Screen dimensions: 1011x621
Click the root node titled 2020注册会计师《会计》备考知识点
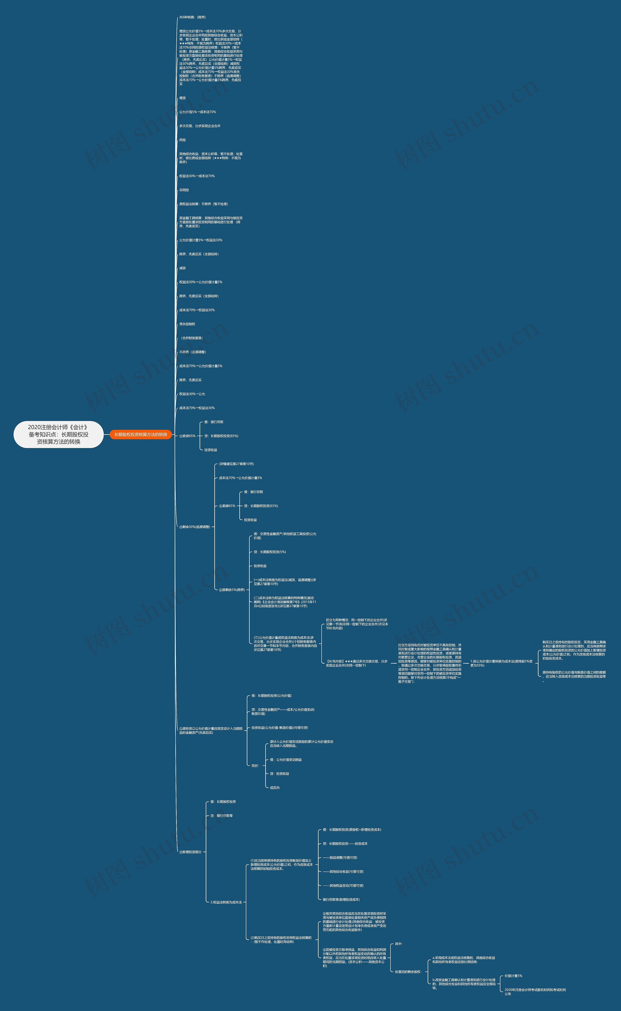click(x=58, y=434)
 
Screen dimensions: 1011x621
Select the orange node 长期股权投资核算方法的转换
click(x=140, y=434)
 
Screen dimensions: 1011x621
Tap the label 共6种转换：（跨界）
click(x=192, y=17)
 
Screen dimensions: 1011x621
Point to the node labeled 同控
click(x=182, y=140)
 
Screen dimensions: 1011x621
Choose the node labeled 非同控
click(x=184, y=190)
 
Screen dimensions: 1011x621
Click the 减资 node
click(x=182, y=268)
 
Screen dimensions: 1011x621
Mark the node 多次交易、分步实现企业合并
click(x=200, y=126)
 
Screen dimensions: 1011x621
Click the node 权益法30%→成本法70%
click(x=197, y=176)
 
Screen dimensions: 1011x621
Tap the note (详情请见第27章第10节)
click(x=236, y=464)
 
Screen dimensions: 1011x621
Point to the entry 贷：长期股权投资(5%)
click(x=270, y=552)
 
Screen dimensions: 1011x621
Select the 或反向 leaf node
click(x=275, y=788)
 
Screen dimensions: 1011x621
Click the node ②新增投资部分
click(x=190, y=852)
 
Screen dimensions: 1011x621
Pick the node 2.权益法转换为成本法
click(x=226, y=902)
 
